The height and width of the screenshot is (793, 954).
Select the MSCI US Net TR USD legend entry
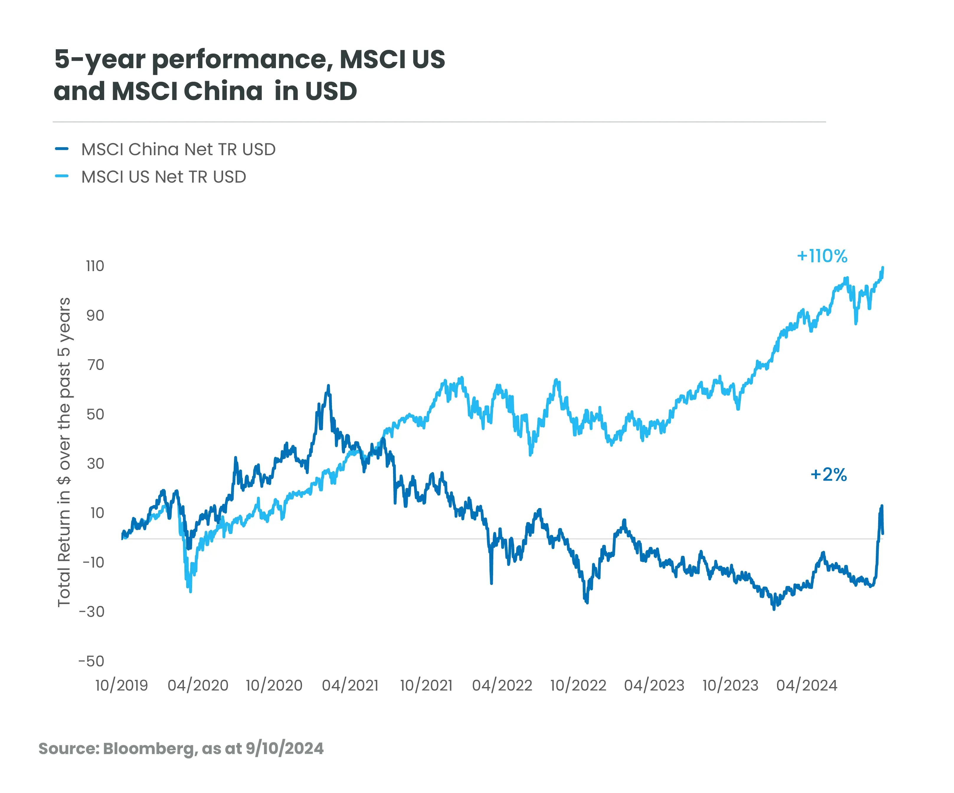tap(163, 177)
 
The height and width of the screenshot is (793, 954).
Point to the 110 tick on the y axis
tap(95, 266)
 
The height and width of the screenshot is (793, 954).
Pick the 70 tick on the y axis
tap(95, 365)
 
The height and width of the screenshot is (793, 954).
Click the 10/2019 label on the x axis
tap(121, 685)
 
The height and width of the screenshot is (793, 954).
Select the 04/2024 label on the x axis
tap(806, 685)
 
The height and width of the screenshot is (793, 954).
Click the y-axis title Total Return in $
tap(64, 452)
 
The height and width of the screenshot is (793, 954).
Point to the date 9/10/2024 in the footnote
tap(284, 748)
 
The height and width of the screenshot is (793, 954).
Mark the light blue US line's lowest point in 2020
tap(190, 591)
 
